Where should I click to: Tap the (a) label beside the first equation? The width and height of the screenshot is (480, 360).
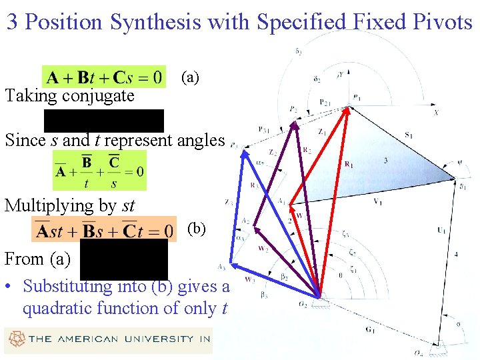(x=191, y=77)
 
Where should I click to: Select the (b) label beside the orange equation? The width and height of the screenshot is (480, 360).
(x=197, y=229)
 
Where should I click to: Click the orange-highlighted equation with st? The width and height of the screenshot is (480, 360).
(x=104, y=230)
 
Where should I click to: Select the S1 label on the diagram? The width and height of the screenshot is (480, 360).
(x=408, y=136)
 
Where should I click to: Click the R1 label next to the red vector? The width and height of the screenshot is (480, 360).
(x=349, y=164)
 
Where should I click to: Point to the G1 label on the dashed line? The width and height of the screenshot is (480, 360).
(x=370, y=329)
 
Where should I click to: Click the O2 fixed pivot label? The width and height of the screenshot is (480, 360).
(x=303, y=304)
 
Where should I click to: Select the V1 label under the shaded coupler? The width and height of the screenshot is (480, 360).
(x=377, y=201)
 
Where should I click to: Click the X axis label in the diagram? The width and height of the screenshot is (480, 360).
(x=436, y=113)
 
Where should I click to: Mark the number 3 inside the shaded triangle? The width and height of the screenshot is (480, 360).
(x=385, y=161)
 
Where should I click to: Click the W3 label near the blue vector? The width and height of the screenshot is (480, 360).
(x=250, y=279)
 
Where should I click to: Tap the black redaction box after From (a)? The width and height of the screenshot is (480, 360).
(x=124, y=259)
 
